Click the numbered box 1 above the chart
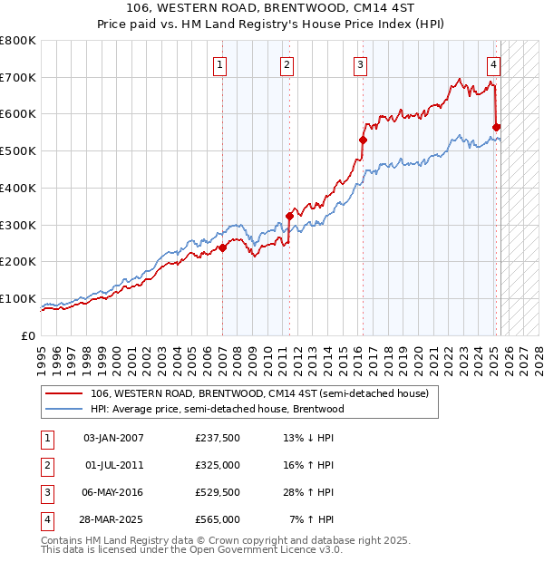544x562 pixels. coord(220,64)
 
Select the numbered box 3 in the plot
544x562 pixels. coord(360,64)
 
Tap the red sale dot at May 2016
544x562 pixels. coord(363,140)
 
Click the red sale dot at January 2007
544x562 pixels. coord(222,247)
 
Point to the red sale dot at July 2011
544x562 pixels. coord(290,216)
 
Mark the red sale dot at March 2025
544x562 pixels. coord(497,127)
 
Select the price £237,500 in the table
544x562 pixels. coord(218,438)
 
